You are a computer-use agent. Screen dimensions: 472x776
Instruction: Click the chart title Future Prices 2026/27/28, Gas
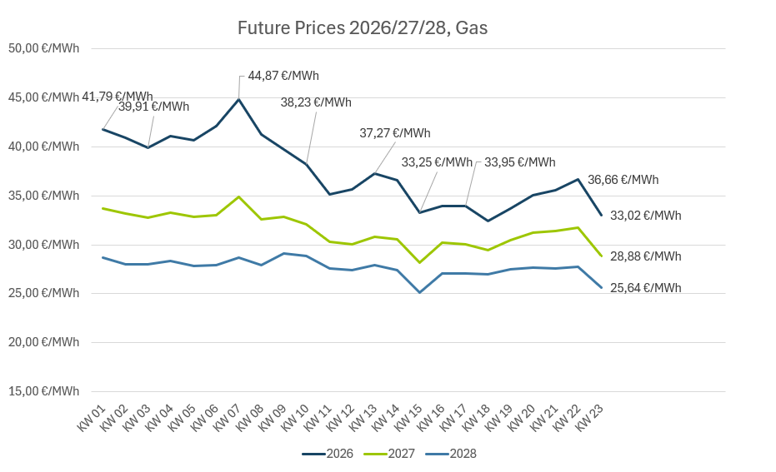363,28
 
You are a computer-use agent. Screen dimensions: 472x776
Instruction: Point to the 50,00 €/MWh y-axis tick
43,48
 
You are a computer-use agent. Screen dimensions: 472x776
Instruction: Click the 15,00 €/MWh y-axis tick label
43,391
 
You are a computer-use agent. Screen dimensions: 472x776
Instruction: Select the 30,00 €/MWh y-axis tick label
43,245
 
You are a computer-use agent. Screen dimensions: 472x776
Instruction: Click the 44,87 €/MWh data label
283,76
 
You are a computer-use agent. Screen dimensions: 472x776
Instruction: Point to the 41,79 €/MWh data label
118,97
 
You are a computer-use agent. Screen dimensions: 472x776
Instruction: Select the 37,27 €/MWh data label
395,133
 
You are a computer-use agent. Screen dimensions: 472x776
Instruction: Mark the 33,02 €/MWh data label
646,216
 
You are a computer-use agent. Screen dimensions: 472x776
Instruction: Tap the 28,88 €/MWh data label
646,256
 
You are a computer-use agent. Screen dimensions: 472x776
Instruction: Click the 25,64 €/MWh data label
646,288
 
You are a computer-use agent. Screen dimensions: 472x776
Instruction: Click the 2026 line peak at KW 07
239,100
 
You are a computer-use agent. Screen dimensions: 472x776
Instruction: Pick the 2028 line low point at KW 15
420,292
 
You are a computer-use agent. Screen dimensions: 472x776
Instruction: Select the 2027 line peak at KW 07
239,197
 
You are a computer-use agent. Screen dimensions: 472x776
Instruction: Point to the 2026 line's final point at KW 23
602,216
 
